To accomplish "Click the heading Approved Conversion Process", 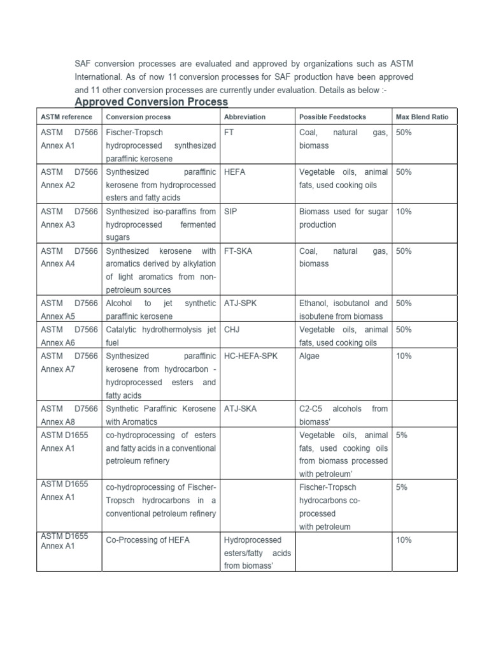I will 152,102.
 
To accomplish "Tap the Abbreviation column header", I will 244,117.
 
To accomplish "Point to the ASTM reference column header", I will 66,117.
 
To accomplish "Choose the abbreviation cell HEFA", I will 235,172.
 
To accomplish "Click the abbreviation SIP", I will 230,211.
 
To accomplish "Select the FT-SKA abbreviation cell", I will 238,251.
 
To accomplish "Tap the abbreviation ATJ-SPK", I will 240,303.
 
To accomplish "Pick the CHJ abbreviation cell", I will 231,330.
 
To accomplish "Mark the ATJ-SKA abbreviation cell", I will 240,408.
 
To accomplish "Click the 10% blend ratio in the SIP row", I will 404,211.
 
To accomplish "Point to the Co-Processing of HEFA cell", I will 147,539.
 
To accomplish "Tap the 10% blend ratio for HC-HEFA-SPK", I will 404,356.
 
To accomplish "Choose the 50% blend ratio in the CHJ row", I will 404,330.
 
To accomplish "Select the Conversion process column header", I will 138,117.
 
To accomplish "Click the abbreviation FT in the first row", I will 230,133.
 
